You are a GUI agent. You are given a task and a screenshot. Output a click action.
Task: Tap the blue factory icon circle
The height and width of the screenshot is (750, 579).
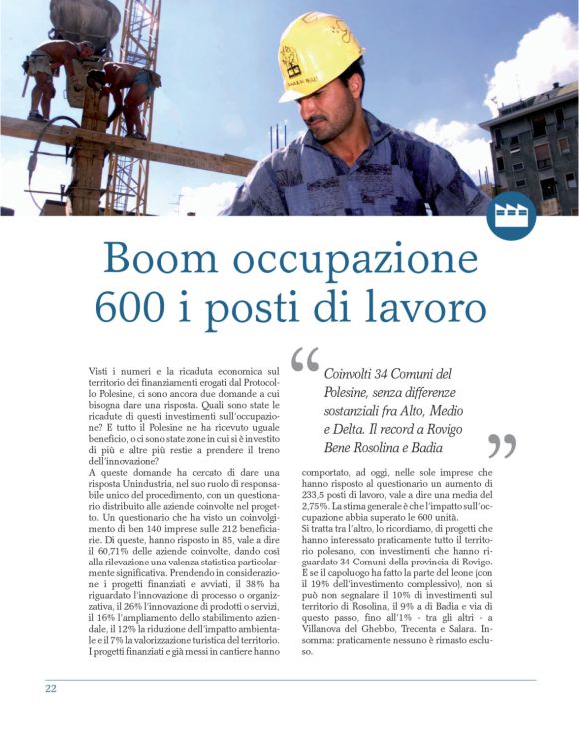pos(511,215)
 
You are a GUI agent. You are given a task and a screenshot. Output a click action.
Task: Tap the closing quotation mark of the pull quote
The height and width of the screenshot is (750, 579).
pos(502,446)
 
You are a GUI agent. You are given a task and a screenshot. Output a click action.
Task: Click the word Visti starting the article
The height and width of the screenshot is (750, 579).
pos(101,371)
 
